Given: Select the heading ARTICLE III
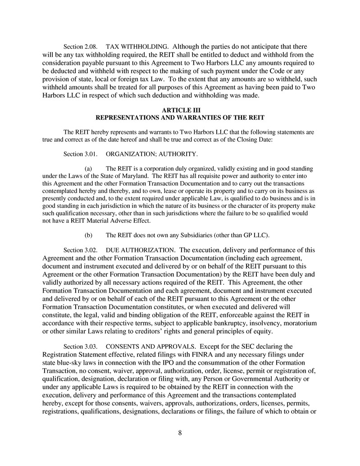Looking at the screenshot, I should pyautogui.click(x=180, y=110).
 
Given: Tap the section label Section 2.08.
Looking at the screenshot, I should pyautogui.click(x=80, y=46).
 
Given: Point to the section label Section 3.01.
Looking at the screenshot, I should pyautogui.click(x=80, y=155).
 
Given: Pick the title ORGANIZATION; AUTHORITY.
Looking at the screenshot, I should pyautogui.click(x=151, y=155).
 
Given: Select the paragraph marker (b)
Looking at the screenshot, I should pyautogui.click(x=89, y=235).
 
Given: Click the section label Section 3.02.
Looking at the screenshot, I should pyautogui.click(x=80, y=250).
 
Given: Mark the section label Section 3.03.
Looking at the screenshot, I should pyautogui.click(x=80, y=347).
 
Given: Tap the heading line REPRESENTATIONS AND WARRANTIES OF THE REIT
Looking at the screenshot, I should pyautogui.click(x=180, y=118).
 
